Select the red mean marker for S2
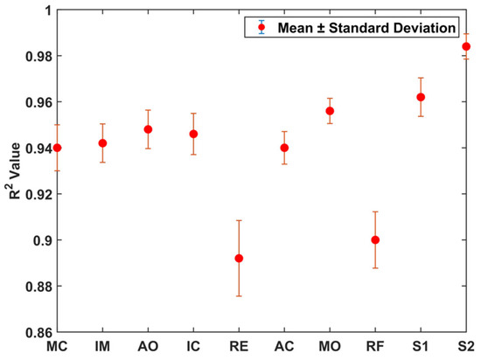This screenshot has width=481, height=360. coord(466,46)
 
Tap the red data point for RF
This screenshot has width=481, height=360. coord(375,239)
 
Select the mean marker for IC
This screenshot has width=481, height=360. coord(193,134)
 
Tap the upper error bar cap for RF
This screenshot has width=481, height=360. coord(375,211)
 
